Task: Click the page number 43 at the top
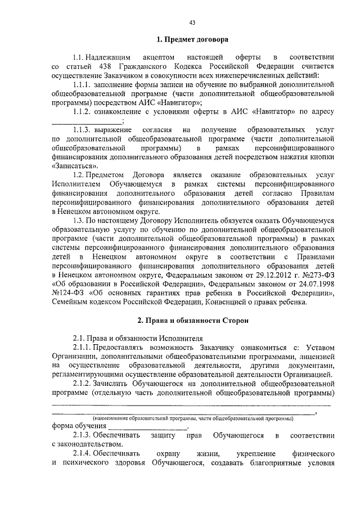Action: coord(192,22)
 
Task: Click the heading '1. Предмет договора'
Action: coord(192,40)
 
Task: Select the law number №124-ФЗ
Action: coord(67,294)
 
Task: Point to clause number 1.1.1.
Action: coord(84,84)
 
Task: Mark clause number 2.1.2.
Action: coord(84,382)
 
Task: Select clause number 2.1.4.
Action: coord(84,453)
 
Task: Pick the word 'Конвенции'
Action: coord(225,303)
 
